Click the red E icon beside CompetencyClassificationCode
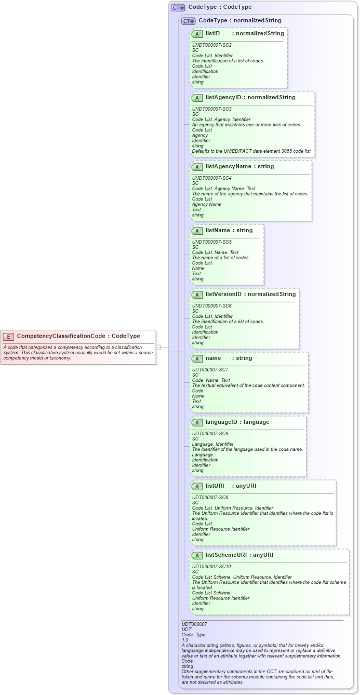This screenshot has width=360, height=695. tap(8, 336)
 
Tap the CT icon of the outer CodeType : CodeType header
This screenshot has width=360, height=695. tap(178, 7)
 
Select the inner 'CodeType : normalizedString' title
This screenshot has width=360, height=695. tap(239, 21)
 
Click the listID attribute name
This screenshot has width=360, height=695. tap(212, 34)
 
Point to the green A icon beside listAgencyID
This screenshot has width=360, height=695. tap(197, 98)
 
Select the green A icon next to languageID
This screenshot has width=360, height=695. tap(197, 422)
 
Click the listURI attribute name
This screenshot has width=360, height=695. tap(215, 486)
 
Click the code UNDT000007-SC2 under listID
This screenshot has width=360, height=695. tap(211, 45)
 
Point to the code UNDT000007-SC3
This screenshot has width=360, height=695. tap(211, 109)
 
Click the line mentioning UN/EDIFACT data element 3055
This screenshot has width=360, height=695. tap(251, 151)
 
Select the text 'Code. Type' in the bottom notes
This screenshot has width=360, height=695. tap(193, 635)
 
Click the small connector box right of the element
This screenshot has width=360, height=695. tap(158, 347)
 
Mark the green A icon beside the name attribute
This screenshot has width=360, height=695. tap(197, 358)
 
